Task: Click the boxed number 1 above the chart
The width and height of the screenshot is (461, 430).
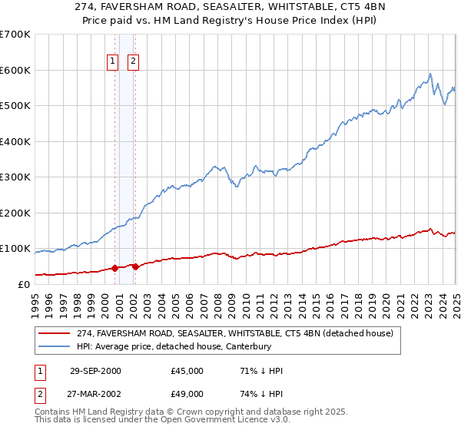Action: tap(112, 62)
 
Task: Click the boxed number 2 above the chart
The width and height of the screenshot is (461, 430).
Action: tap(133, 62)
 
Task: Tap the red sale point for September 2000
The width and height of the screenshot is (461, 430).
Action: tap(115, 268)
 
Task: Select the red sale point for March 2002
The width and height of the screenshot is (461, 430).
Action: tap(134, 266)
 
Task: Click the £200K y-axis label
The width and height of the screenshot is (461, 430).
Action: tap(17, 213)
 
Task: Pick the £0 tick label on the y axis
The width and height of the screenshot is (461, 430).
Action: tap(25, 284)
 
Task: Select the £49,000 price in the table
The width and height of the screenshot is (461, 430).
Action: tap(187, 395)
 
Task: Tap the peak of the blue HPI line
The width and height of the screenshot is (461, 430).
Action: tap(430, 74)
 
